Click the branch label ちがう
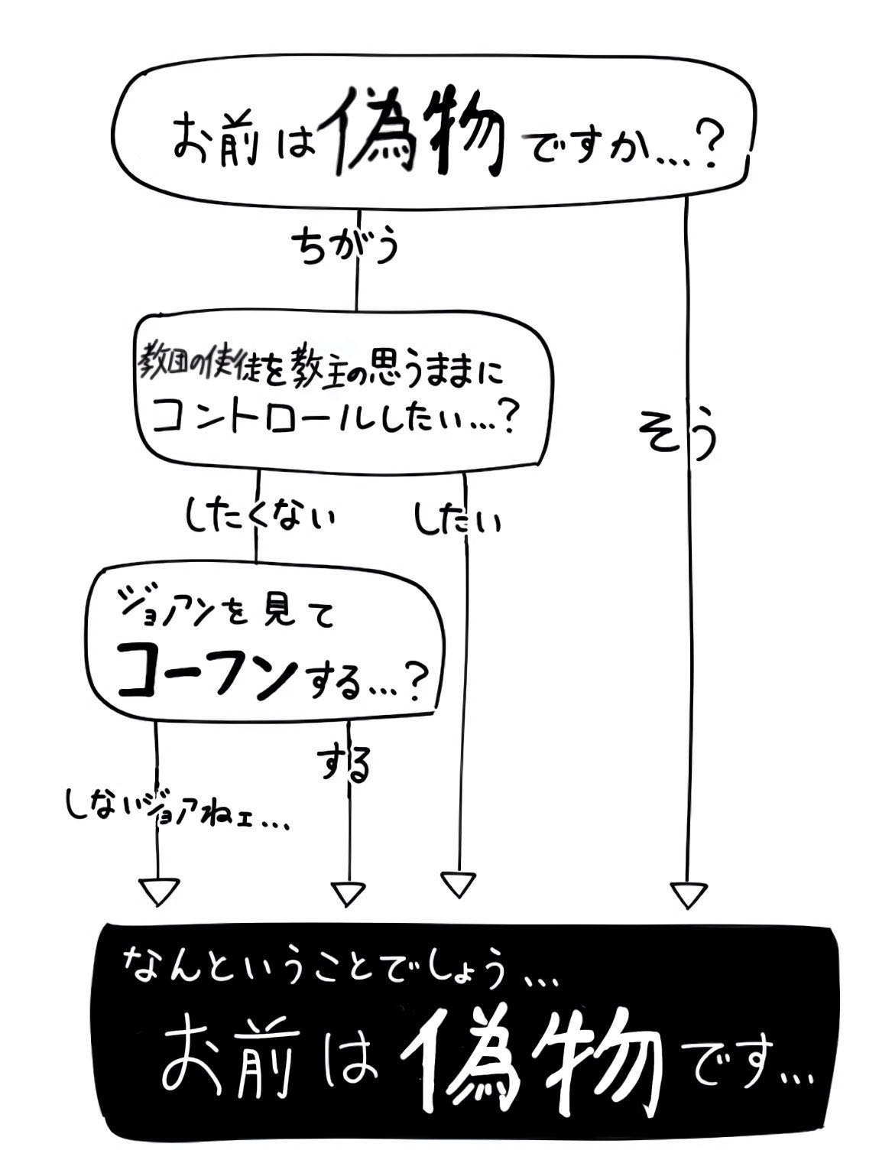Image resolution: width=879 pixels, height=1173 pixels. [345, 248]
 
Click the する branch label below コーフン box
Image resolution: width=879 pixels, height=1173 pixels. [343, 765]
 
